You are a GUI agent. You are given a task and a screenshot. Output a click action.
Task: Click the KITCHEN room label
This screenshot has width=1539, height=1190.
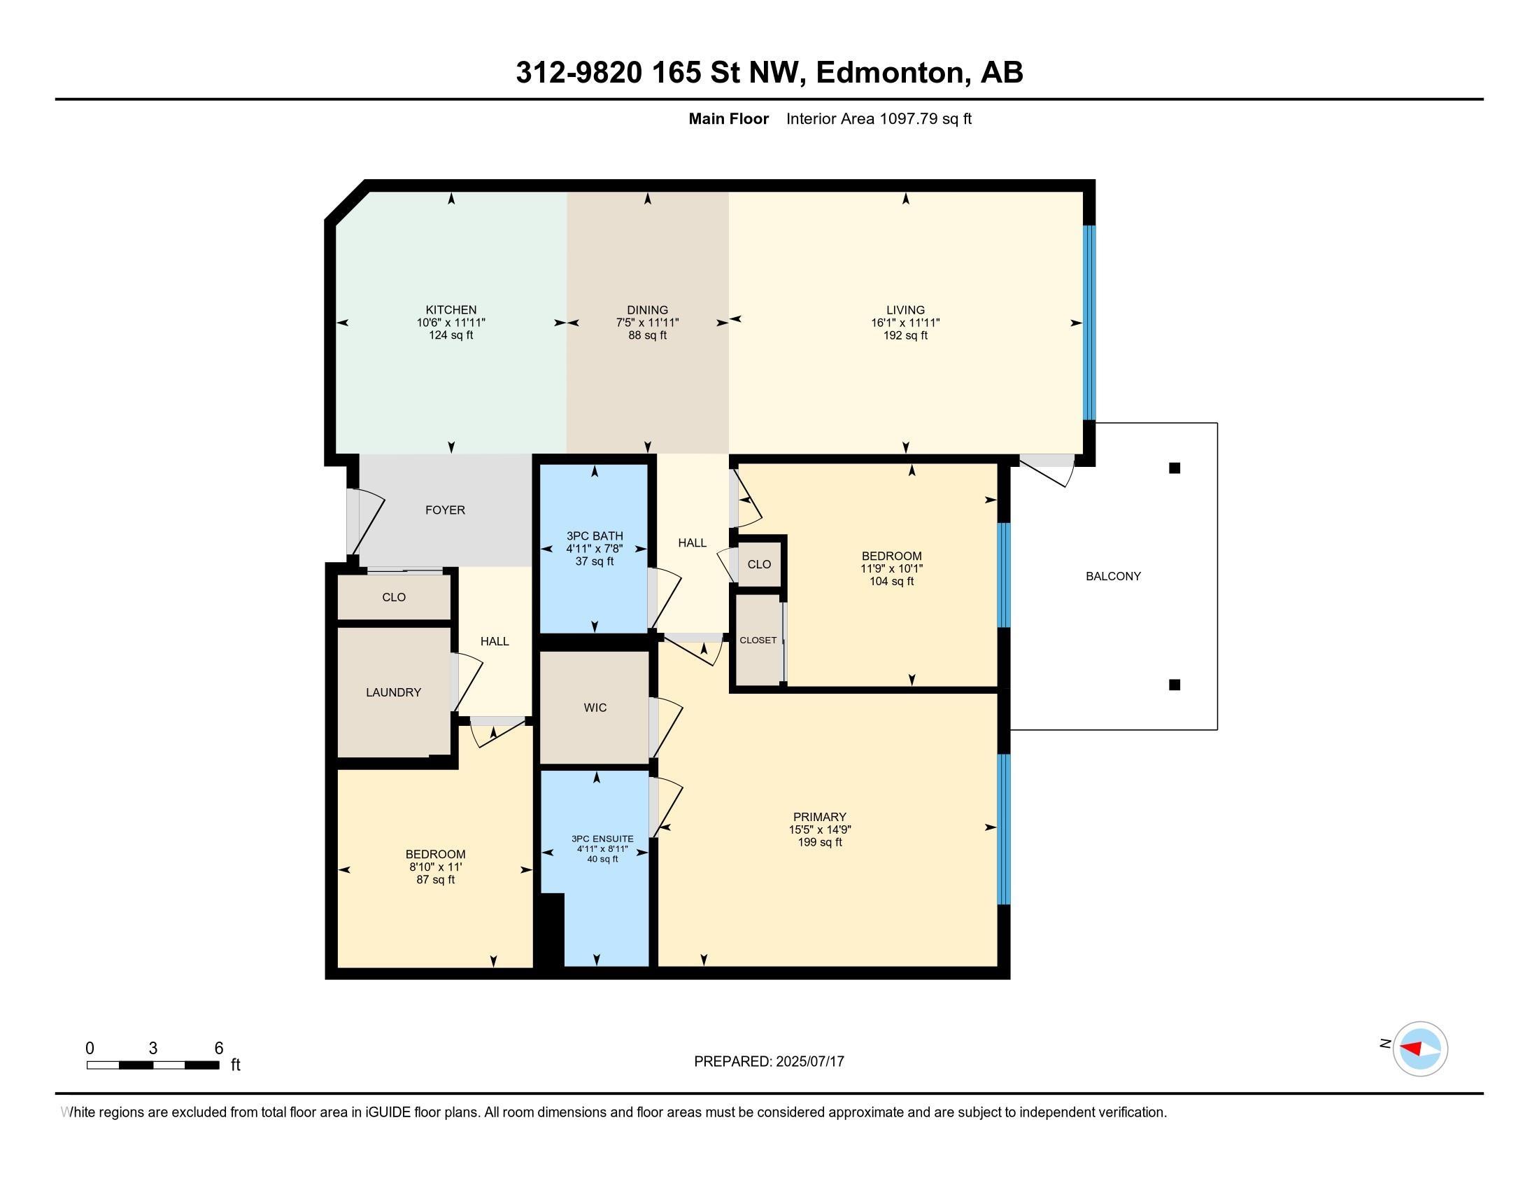click(x=451, y=309)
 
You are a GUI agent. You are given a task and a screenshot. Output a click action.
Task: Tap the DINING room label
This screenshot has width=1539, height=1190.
click(x=648, y=309)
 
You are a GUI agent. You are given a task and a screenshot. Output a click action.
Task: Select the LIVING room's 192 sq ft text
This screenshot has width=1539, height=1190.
click(x=905, y=335)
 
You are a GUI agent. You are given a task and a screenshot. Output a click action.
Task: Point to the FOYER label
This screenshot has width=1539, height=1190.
click(x=446, y=510)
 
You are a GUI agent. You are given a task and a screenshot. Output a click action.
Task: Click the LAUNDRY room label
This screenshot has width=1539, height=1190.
click(x=393, y=692)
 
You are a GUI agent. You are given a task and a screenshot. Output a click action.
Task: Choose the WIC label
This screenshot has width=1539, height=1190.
click(x=595, y=708)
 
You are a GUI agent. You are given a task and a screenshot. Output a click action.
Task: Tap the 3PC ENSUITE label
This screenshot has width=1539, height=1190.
click(x=602, y=839)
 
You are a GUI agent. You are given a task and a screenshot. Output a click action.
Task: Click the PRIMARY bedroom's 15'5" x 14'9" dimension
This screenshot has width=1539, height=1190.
click(x=821, y=829)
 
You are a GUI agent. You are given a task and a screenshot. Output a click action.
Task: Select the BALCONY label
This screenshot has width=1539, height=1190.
click(x=1114, y=576)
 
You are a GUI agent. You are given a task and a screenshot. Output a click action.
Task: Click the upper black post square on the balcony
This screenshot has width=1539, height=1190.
click(x=1175, y=468)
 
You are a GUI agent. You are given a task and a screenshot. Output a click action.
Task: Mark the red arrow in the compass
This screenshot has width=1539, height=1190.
click(x=1411, y=1048)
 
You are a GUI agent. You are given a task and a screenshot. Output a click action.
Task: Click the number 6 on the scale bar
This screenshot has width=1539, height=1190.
click(x=218, y=1049)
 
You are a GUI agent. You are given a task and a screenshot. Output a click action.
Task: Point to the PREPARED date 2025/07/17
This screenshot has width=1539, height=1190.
click(x=809, y=1062)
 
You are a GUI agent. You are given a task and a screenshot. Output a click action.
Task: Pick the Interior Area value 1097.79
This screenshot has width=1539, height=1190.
click(x=909, y=118)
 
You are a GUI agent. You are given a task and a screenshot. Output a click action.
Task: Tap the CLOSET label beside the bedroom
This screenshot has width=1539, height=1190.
click(x=758, y=640)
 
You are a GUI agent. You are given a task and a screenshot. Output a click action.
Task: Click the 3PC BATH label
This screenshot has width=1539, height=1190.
click(x=595, y=535)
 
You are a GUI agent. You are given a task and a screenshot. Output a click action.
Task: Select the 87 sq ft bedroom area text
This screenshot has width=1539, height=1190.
click(x=436, y=880)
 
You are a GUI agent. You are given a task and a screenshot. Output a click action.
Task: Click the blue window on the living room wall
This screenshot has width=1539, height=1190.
click(x=1089, y=323)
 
